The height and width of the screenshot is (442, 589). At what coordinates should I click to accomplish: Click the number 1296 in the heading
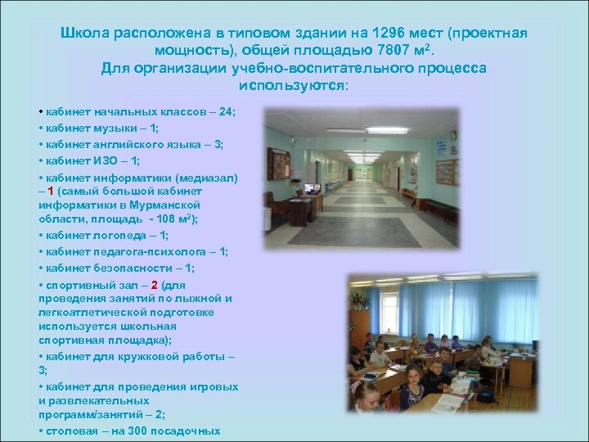389,33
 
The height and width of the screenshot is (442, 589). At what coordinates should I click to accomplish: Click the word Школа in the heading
84,33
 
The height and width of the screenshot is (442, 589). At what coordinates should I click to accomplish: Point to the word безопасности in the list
143,268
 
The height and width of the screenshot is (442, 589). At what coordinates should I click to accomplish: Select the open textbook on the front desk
434,404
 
